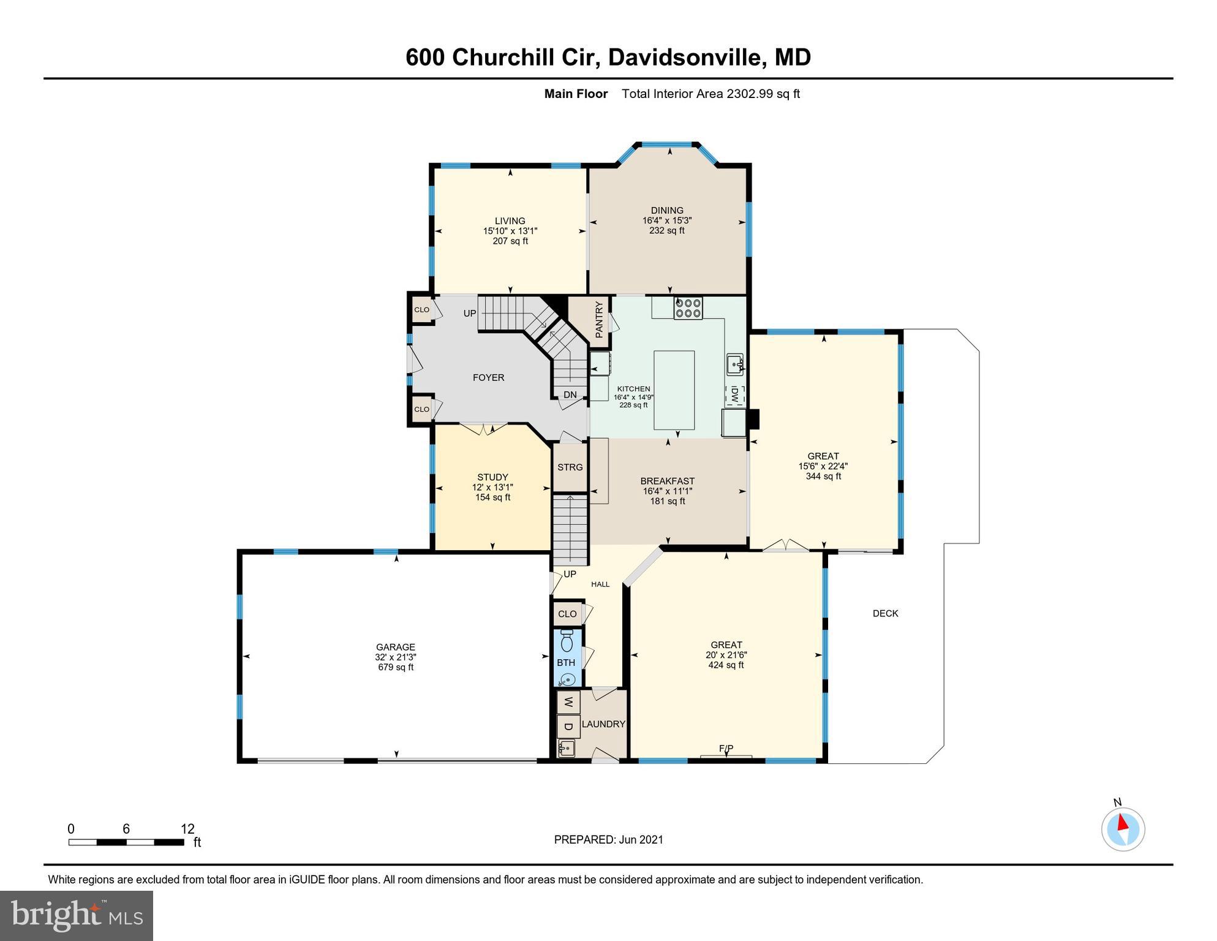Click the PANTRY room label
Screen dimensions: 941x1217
click(599, 320)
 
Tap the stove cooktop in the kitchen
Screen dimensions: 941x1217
click(688, 308)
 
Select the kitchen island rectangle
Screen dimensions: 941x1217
click(674, 390)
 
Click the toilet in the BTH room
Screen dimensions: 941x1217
click(567, 641)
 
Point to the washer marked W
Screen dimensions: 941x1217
click(568, 702)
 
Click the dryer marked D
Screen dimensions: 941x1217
click(568, 727)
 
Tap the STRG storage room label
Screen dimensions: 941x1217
click(570, 467)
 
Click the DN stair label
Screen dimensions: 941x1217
click(570, 395)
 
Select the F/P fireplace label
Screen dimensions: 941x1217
click(726, 749)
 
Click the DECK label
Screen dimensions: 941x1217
click(885, 613)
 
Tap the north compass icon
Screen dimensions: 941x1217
click(1123, 829)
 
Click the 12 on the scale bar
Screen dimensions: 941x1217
click(187, 829)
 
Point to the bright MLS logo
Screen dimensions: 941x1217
click(77, 916)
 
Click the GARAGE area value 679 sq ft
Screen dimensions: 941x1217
click(396, 667)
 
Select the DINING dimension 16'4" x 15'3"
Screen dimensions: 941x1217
click(667, 221)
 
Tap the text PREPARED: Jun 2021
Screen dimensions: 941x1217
click(608, 840)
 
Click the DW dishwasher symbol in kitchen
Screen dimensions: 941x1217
click(734, 395)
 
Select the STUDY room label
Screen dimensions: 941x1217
click(492, 477)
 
